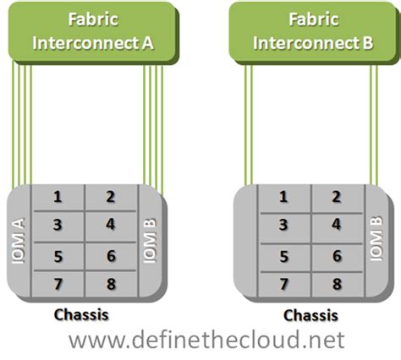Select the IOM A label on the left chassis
(19, 241)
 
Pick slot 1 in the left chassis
(58, 197)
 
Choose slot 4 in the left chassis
(111, 225)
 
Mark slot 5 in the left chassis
(58, 255)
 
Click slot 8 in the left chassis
(111, 284)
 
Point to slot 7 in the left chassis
(58, 284)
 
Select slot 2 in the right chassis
(336, 197)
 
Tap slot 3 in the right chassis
(283, 225)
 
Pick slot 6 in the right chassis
(336, 255)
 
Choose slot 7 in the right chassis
(283, 284)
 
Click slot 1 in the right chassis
(283, 197)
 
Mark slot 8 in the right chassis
(336, 284)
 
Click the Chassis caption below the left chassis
(81, 314)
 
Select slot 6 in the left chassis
(111, 255)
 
